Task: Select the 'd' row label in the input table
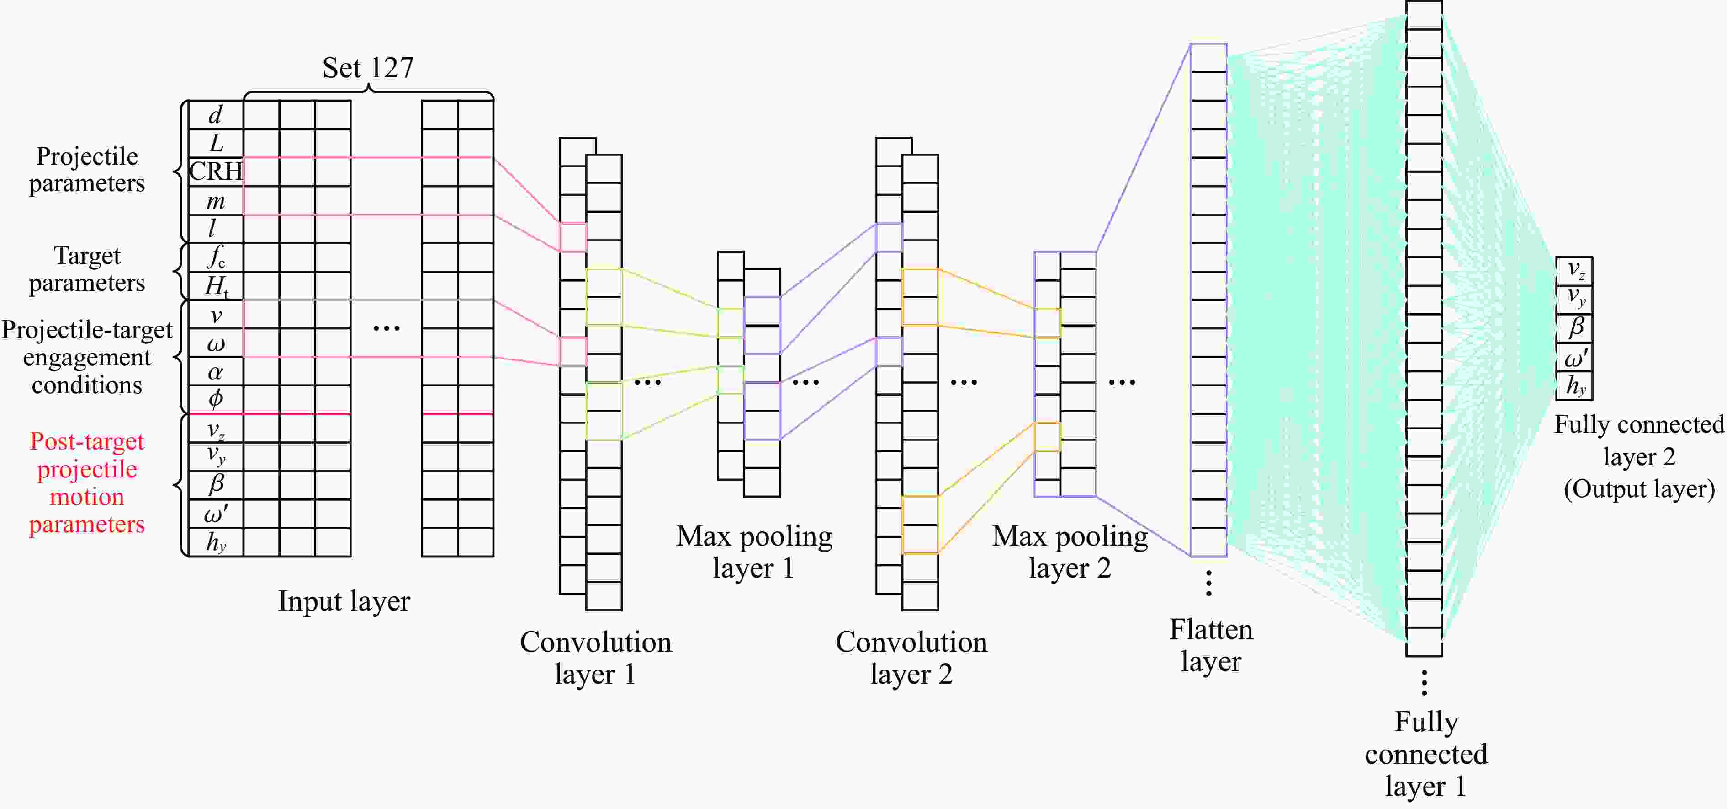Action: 215,115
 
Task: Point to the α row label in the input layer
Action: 215,372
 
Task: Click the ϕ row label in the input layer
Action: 215,399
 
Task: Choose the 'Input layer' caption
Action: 344,601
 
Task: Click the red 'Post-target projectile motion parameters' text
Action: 87,482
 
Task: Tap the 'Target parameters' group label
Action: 87,269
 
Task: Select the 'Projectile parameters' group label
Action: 87,170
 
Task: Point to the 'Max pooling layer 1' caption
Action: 754,552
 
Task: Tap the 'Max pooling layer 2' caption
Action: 1070,552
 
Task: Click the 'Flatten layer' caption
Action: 1211,645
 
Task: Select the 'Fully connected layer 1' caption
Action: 1426,754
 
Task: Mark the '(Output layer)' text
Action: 1639,489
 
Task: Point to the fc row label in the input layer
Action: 216,257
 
